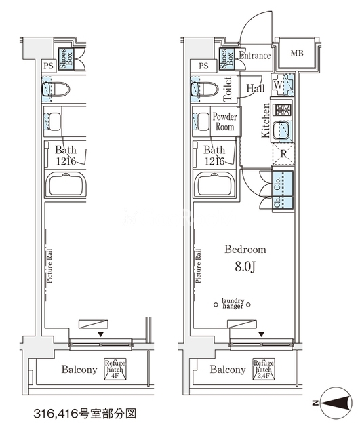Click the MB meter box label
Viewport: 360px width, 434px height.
point(297,53)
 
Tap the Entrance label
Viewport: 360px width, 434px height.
point(254,56)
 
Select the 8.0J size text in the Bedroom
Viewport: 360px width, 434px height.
point(245,267)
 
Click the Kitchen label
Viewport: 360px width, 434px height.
point(266,121)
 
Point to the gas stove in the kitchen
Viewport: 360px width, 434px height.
point(282,110)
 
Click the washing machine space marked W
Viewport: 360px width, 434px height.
point(283,84)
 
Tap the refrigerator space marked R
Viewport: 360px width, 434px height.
point(283,154)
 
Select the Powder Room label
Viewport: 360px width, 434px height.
point(224,121)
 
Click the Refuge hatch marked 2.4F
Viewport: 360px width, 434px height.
point(264,369)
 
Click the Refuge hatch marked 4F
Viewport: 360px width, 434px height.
point(115,369)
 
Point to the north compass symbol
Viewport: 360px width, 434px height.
point(337,403)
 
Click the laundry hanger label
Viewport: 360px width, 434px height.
point(233,303)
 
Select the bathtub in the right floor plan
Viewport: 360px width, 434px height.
point(214,184)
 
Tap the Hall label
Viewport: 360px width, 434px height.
point(256,88)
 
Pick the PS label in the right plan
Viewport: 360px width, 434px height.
point(203,66)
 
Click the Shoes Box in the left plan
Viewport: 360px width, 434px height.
point(66,59)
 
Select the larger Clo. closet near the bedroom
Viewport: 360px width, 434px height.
point(283,183)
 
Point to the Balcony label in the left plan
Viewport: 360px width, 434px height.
point(79,369)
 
